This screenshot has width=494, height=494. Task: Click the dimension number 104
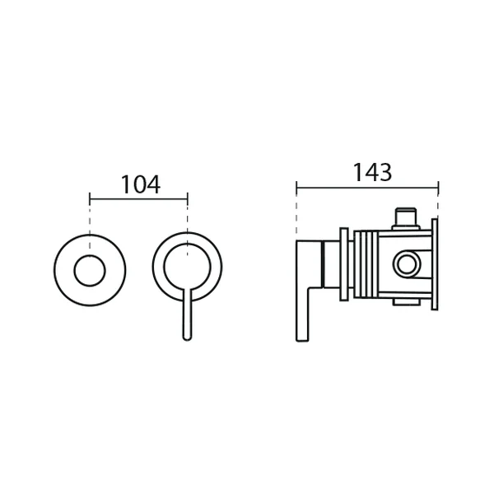141,184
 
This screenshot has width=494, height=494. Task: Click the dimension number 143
372,172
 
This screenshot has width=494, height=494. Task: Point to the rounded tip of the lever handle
187,338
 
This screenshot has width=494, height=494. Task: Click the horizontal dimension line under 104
138,199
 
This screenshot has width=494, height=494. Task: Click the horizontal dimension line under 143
367,188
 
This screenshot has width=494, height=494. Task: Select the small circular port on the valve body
407,264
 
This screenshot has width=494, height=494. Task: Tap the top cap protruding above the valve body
406,218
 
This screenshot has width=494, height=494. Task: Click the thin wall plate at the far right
435,264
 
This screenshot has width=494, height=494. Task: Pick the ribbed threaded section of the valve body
366,264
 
